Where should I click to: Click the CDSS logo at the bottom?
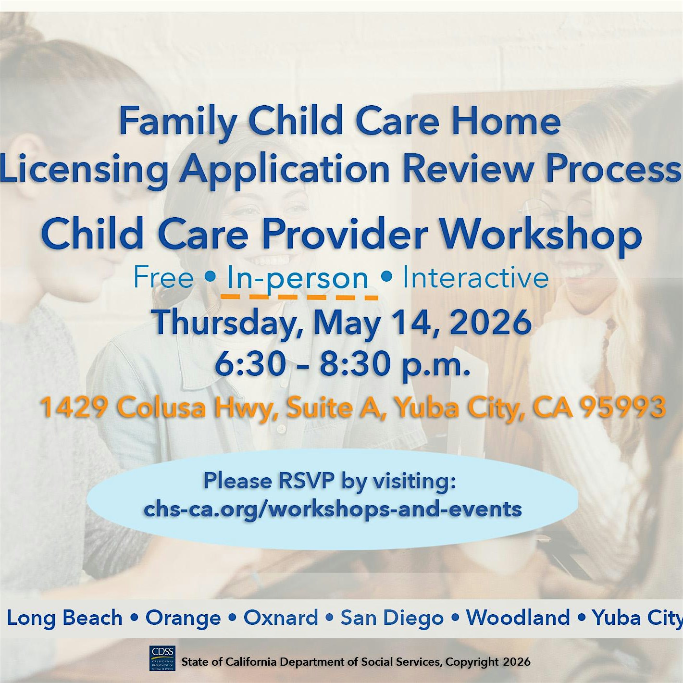(162, 658)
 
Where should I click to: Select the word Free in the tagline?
(163, 277)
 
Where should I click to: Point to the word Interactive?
(475, 278)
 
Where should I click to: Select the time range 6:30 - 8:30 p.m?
(342, 364)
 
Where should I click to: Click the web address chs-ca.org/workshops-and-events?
(333, 509)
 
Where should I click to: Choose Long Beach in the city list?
(65, 618)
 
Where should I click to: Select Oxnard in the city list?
(281, 618)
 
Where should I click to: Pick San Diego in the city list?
(392, 618)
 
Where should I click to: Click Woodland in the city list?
(518, 618)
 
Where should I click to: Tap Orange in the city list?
(183, 618)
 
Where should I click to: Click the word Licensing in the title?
(85, 169)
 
